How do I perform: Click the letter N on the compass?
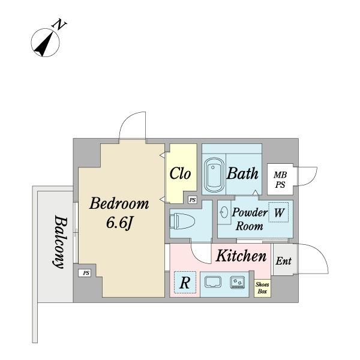click(x=59, y=25)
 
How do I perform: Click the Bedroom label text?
click(x=119, y=203)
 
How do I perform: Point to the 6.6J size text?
click(x=119, y=223)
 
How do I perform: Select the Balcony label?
click(x=60, y=242)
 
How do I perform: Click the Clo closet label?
click(x=180, y=173)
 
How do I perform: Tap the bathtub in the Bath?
click(x=214, y=175)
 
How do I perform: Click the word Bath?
click(x=242, y=173)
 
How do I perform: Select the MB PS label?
click(x=280, y=180)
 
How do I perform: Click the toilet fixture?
click(x=182, y=221)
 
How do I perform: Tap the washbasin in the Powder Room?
click(x=224, y=212)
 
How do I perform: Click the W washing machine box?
click(x=278, y=212)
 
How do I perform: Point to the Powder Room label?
click(x=250, y=219)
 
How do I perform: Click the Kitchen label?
click(x=241, y=256)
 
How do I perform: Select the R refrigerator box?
click(x=185, y=283)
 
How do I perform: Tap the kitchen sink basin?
click(x=213, y=282)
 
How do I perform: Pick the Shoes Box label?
click(x=262, y=288)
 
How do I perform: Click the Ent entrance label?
click(x=284, y=261)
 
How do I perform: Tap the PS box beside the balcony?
click(x=84, y=273)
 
